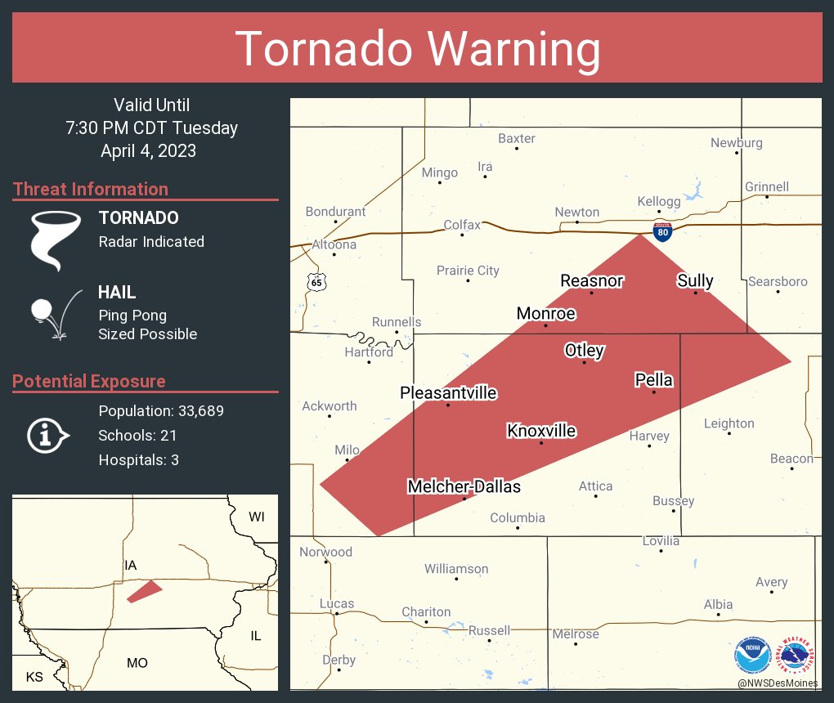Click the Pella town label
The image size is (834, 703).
pos(654,380)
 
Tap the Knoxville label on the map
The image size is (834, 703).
pos(541,431)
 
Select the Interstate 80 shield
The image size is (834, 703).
pos(663,232)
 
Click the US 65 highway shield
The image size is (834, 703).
pos(316,281)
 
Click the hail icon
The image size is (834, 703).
pos(54,314)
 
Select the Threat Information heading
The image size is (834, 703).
pos(91,189)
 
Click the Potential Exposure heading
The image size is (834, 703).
pos(89,381)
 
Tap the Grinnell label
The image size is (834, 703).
pos(766,186)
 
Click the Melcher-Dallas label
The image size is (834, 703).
pos(464,486)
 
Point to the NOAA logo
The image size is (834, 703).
pos(752,655)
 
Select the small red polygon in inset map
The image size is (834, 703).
pos(145,591)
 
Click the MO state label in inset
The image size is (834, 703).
pos(137,663)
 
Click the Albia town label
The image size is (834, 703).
pos(718,605)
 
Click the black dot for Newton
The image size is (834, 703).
pos(577,222)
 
